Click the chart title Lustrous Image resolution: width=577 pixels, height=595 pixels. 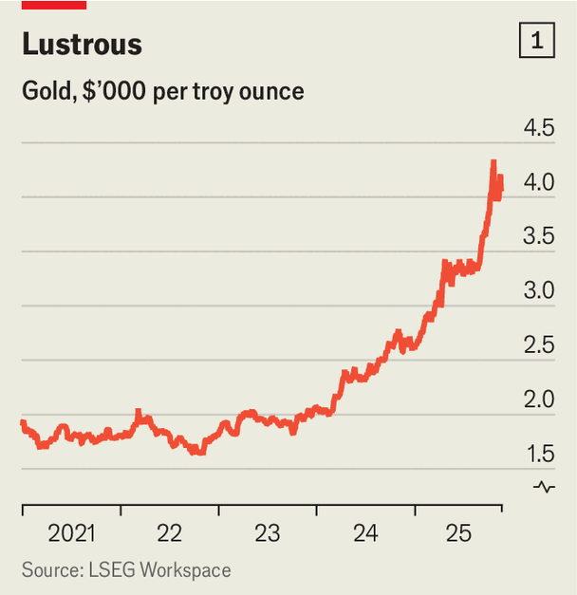(x=82, y=45)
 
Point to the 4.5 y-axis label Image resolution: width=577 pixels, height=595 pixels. (x=537, y=128)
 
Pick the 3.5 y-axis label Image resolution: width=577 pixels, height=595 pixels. (x=537, y=236)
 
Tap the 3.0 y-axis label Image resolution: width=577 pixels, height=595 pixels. (x=537, y=290)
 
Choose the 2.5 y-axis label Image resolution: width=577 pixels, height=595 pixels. (x=537, y=345)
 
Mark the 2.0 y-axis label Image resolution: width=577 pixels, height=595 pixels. (x=537, y=400)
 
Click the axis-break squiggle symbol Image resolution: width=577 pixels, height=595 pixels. (x=545, y=488)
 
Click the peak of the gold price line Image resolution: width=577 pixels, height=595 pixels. (x=493, y=163)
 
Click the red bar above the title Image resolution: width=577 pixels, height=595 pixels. (x=53, y=5)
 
